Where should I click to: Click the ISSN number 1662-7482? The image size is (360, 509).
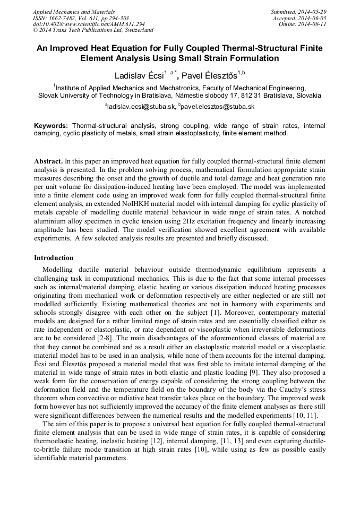click(65, 18)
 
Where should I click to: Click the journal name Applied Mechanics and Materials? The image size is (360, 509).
click(73, 12)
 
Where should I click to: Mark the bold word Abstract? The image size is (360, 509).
click(48, 160)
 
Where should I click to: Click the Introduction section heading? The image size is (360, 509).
click(54, 258)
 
